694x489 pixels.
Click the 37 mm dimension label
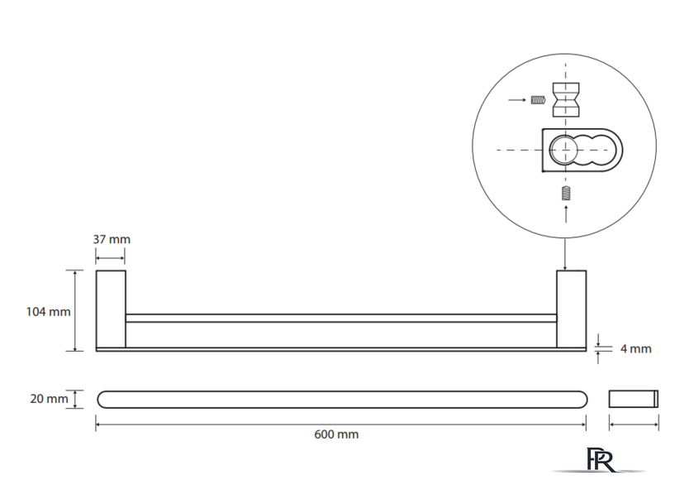pyautogui.click(x=111, y=239)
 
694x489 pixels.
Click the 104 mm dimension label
pyautogui.click(x=48, y=312)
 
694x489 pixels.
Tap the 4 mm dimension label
pyautogui.click(x=635, y=348)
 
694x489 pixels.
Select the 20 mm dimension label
pyautogui.click(x=48, y=399)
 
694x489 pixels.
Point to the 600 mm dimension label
pyautogui.click(x=336, y=434)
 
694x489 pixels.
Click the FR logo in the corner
pyautogui.click(x=601, y=460)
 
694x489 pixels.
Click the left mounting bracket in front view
pyautogui.click(x=111, y=309)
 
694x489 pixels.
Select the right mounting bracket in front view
pyautogui.click(x=571, y=309)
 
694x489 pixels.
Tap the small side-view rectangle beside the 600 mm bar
pyautogui.click(x=634, y=399)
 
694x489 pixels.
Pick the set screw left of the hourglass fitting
pyautogui.click(x=537, y=101)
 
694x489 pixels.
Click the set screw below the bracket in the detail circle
pyautogui.click(x=566, y=194)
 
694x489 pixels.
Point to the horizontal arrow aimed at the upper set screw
pyautogui.click(x=517, y=101)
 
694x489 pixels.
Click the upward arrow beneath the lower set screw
pyautogui.click(x=566, y=212)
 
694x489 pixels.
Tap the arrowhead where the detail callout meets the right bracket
pyautogui.click(x=565, y=266)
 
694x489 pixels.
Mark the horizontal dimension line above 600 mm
pyautogui.click(x=341, y=424)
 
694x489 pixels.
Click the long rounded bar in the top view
pyautogui.click(x=341, y=399)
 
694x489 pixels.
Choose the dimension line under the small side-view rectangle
pyautogui.click(x=634, y=424)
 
